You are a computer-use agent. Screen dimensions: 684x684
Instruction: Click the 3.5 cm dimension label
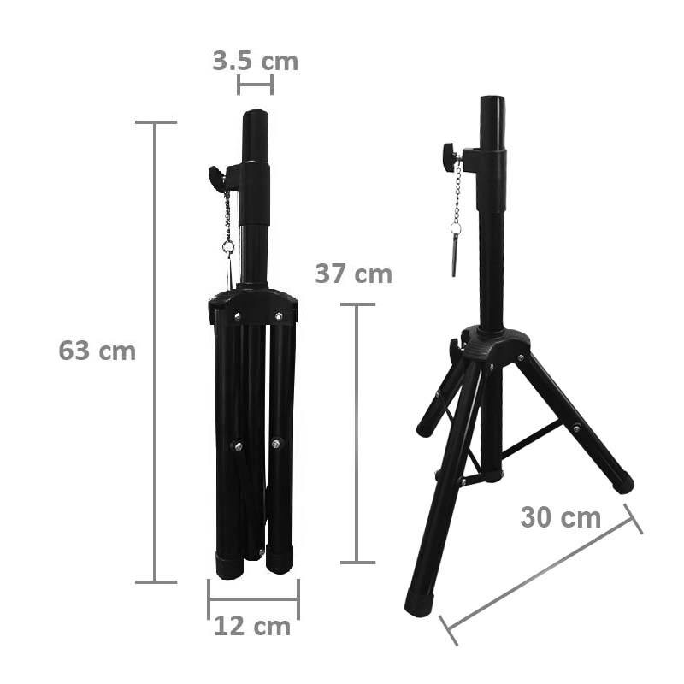point(255,61)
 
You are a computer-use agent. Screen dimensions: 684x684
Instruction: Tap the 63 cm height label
point(97,351)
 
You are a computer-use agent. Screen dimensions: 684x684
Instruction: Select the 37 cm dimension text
point(353,274)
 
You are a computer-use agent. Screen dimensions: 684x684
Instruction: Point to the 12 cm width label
point(252,627)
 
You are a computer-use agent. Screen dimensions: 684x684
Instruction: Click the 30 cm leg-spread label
point(561,517)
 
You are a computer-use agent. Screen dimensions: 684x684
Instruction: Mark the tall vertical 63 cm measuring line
point(155,352)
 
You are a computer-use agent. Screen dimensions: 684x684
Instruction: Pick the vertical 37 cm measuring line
point(357,433)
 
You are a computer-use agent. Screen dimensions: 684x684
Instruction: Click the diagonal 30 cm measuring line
point(540,575)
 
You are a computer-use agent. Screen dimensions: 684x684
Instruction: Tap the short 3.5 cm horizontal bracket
point(255,85)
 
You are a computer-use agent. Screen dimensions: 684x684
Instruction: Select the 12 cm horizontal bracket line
point(253,599)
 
